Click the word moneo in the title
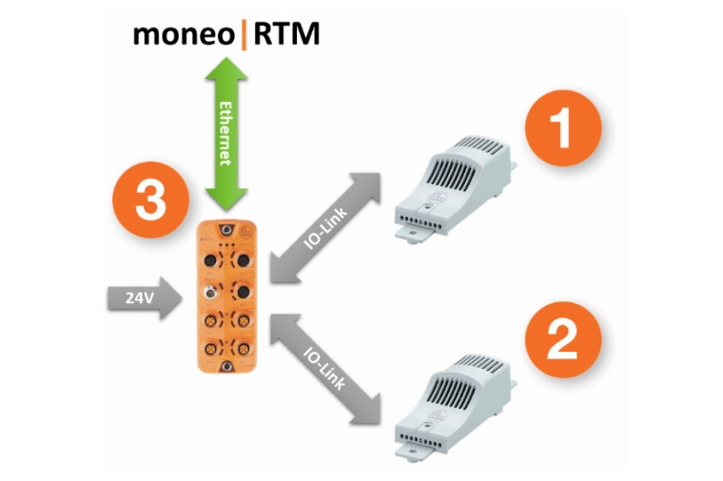pos(184,35)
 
